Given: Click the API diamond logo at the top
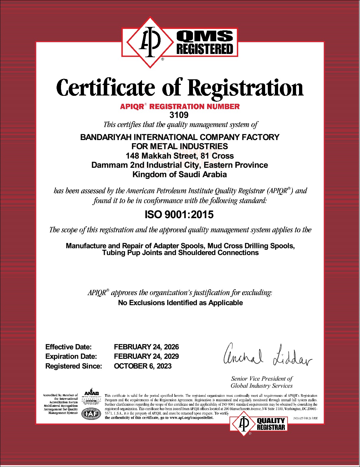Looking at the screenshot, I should (x=150, y=42).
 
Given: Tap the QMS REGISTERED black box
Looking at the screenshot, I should (x=205, y=42).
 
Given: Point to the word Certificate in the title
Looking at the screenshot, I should (x=105, y=88).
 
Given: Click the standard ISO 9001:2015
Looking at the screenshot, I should (x=179, y=214).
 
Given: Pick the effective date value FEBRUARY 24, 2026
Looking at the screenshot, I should (x=146, y=347).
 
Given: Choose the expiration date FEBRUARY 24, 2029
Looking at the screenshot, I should (x=146, y=356).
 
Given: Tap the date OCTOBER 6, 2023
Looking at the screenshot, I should (x=143, y=366).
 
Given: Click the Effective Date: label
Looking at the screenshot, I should (x=68, y=347).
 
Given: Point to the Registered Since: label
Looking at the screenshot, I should (x=74, y=366).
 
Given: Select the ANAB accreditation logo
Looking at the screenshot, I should (x=91, y=397).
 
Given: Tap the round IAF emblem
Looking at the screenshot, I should (x=91, y=414).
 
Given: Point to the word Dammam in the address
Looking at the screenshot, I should (x=110, y=165).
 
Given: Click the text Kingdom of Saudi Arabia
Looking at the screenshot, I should (x=179, y=174).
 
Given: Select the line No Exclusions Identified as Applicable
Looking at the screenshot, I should (x=180, y=303).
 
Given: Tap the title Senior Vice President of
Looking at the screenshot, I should (x=262, y=379).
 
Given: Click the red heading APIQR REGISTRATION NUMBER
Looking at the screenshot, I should (x=180, y=106).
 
